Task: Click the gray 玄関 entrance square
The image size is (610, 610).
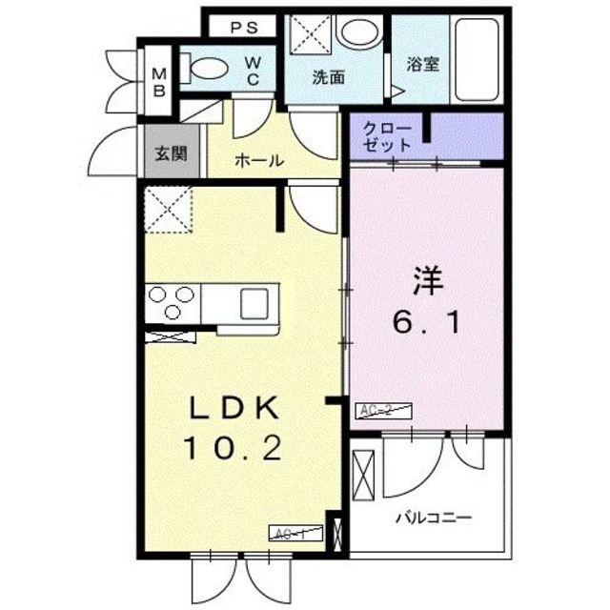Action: click(173, 152)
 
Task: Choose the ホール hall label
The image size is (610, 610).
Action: click(259, 161)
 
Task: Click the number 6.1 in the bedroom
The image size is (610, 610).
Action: click(428, 324)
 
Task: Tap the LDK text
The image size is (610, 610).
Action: click(234, 410)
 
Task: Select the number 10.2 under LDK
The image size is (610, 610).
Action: click(235, 447)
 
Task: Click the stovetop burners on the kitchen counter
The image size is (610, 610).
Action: click(172, 303)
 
